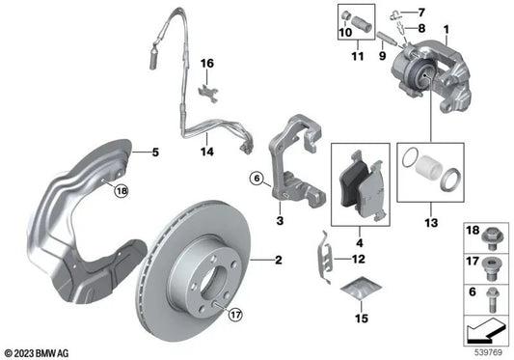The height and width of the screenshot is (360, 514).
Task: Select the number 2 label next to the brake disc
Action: tap(278, 261)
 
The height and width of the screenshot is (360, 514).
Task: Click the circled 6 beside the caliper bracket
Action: tap(257, 178)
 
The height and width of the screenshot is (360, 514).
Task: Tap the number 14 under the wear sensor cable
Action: tap(206, 152)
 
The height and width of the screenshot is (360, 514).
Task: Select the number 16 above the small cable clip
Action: tap(205, 64)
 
